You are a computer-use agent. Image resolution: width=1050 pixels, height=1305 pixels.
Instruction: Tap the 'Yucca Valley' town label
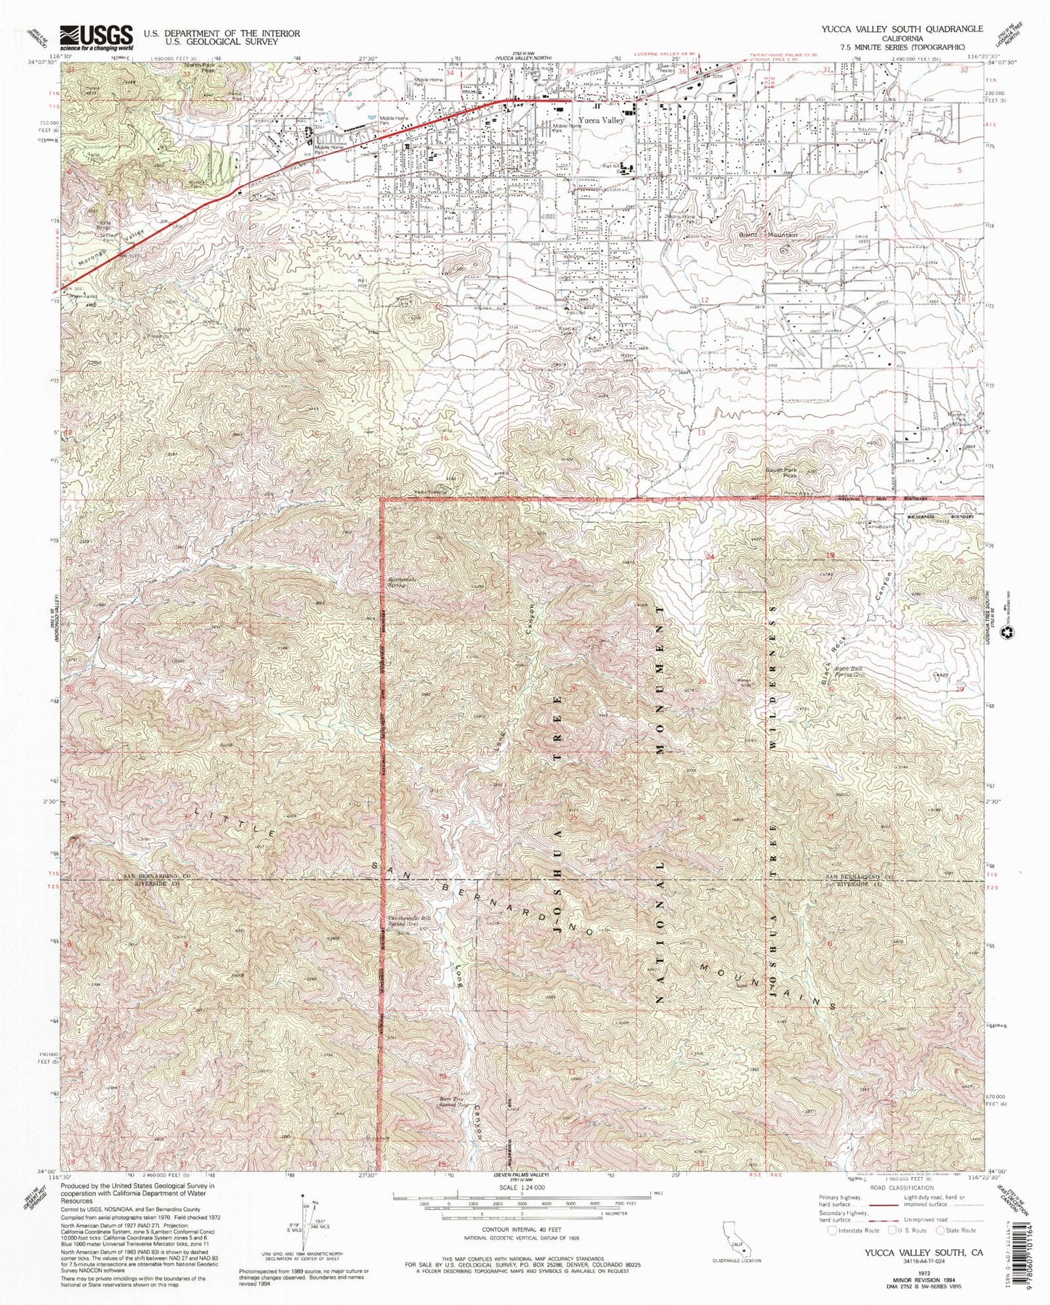coord(601,121)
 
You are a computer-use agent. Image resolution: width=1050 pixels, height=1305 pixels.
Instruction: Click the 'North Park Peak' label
coord(198,68)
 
